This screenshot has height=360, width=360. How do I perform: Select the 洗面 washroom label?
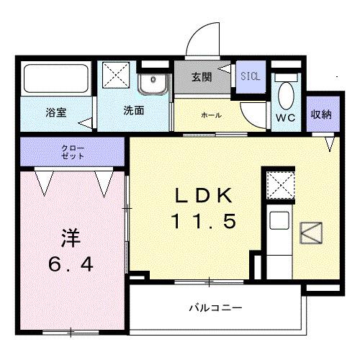(133, 112)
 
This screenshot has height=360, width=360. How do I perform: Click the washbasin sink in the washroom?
(153, 86)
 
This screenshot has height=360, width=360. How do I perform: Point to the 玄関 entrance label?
(202, 78)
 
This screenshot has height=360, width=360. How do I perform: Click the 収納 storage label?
(321, 114)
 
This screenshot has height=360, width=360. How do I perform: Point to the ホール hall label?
(211, 115)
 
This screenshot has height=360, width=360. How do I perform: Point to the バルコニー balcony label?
(216, 308)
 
